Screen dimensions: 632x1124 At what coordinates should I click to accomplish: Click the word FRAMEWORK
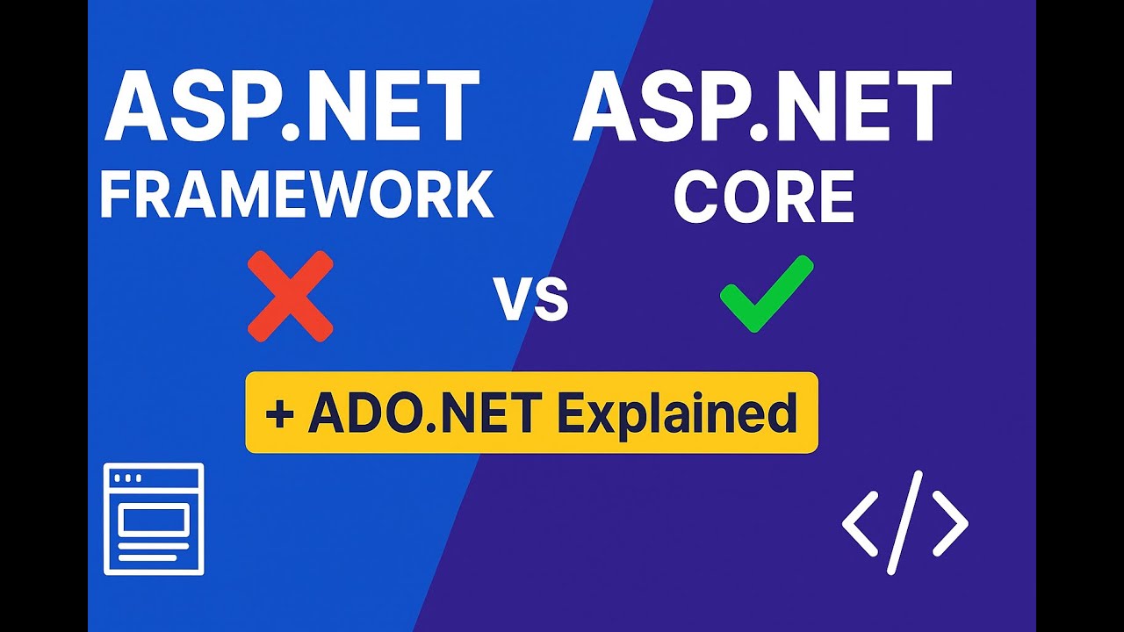(296, 195)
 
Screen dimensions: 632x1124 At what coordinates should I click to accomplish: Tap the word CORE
(763, 198)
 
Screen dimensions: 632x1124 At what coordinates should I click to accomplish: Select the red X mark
(290, 296)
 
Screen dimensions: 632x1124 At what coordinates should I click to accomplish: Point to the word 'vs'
(530, 300)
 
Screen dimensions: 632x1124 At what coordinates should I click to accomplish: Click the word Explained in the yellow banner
(676, 413)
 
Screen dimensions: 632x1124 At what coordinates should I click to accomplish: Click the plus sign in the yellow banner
(279, 414)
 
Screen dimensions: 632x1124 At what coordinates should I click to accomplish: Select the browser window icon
(154, 519)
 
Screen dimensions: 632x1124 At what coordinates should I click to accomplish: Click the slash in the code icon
(904, 521)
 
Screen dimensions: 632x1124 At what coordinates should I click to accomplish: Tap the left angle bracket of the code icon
(860, 523)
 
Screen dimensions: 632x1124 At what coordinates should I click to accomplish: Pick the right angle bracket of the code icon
(950, 523)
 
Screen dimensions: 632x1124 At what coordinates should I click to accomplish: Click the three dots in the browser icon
(127, 478)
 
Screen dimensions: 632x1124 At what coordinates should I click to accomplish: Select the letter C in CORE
(694, 198)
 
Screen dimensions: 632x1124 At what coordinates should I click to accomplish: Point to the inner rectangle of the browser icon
(154, 521)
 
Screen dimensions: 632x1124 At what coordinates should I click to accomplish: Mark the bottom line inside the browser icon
(154, 556)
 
